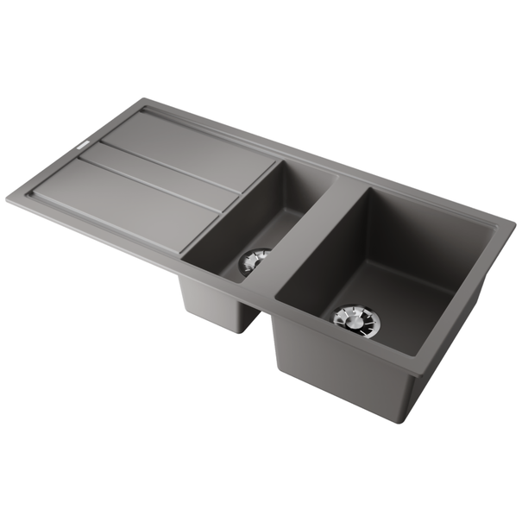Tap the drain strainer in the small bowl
tap(255, 260)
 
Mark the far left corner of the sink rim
tap(9, 199)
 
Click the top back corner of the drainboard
tap(138, 101)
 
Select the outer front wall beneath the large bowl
tap(345, 380)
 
